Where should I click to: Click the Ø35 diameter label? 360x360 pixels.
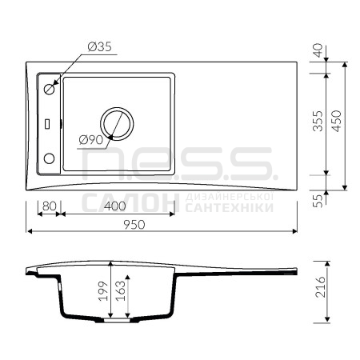99,46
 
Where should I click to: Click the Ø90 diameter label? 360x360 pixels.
91,140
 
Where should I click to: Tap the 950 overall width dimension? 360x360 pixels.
134,225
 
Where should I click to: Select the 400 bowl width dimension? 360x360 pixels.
115,206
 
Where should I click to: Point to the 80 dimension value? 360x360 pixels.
50,206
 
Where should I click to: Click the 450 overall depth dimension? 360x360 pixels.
337,121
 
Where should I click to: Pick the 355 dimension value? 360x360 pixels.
318,121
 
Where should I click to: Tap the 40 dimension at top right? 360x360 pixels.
318,50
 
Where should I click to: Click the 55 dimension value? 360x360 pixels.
318,201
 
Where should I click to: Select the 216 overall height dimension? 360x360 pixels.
320,287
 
